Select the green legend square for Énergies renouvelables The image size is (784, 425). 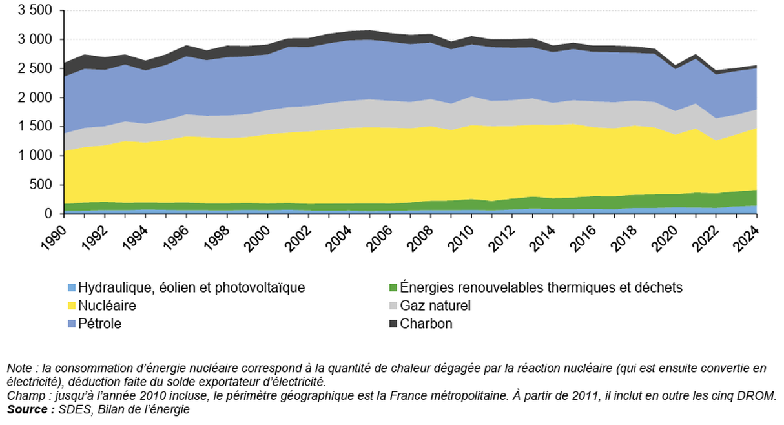tap(393, 288)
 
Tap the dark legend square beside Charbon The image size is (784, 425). tap(393, 324)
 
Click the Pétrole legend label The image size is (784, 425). tap(99, 324)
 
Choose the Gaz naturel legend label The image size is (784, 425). tap(435, 306)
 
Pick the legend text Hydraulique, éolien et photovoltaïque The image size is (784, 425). tap(191, 288)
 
